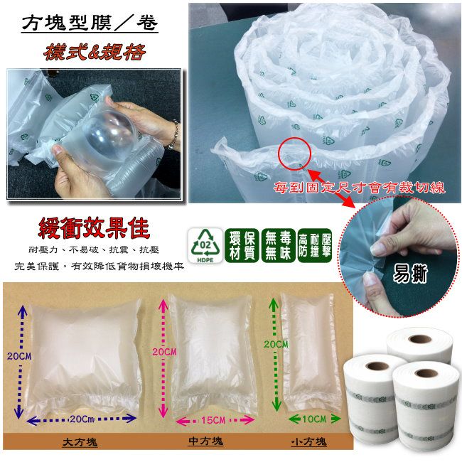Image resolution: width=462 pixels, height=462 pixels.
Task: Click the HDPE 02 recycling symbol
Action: tap(205, 245)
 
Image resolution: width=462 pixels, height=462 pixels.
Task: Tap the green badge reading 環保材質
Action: tap(242, 245)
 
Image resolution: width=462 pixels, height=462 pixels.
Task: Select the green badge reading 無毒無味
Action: tap(278, 245)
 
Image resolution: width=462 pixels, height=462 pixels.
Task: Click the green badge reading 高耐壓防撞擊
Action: tap(315, 245)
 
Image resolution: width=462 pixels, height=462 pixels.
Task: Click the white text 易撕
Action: tap(410, 274)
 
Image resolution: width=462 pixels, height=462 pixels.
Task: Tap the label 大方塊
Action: tap(80, 442)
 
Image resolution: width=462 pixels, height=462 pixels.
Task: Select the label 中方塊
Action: tap(206, 441)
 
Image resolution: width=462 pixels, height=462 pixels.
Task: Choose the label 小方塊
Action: tap(308, 441)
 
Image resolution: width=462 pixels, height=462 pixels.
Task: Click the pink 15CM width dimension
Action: tap(215, 420)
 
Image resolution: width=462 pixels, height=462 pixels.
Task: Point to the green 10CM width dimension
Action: tap(314, 419)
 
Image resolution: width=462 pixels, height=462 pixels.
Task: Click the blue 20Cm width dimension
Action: tap(82, 419)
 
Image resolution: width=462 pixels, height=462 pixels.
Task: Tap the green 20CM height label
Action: tap(276, 344)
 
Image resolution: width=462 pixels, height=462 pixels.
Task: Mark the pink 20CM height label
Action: tap(164, 352)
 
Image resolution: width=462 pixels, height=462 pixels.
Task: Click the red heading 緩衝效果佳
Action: tap(94, 228)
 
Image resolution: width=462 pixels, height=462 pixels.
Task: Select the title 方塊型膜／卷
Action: tap(90, 23)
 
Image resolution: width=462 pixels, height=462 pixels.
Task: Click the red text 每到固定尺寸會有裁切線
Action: tap(359, 188)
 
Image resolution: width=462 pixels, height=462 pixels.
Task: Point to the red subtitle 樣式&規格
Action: tap(95, 52)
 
